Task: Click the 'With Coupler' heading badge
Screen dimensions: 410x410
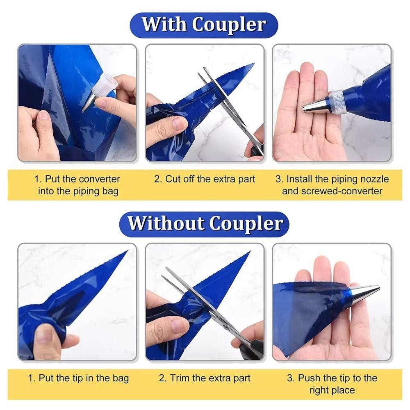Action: (x=204, y=25)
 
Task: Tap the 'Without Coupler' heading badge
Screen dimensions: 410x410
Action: (x=204, y=224)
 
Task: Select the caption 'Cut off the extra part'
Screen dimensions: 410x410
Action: (x=205, y=179)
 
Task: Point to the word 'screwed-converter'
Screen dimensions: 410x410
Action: (x=342, y=191)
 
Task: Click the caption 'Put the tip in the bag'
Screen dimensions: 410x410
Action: (x=78, y=378)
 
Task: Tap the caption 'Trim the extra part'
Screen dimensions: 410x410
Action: (x=205, y=378)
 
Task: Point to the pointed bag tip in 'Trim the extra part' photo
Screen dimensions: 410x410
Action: (x=250, y=252)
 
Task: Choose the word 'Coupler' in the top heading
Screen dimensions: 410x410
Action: (x=229, y=25)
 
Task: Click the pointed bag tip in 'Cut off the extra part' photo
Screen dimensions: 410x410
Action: (x=253, y=64)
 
